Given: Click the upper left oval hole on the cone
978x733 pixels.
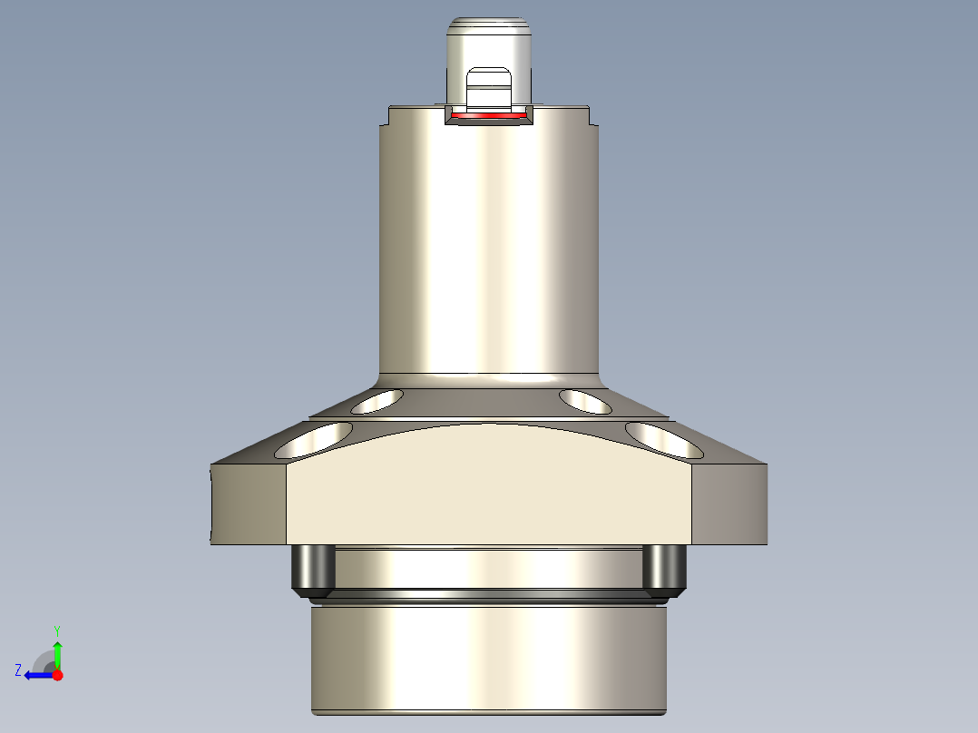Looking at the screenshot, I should (377, 400).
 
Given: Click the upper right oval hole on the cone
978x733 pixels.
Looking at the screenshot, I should (586, 400).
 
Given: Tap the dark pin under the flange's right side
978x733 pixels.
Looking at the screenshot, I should (664, 570).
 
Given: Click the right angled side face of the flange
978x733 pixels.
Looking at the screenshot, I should (730, 503).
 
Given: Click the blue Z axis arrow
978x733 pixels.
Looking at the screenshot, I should (36, 675).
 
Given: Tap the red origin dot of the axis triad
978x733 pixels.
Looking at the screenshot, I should (58, 675).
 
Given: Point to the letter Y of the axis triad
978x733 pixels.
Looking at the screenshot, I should (57, 630).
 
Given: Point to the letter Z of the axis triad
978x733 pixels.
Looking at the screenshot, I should (18, 670).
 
